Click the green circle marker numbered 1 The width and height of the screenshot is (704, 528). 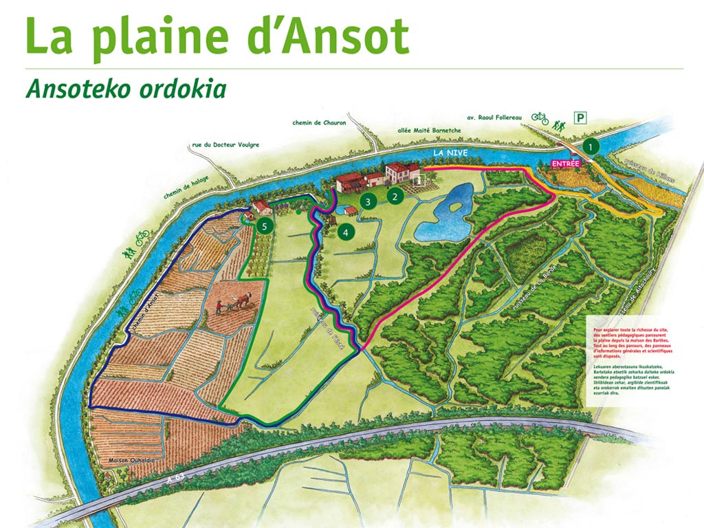click(x=591, y=146)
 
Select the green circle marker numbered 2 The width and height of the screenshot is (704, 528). click(x=395, y=196)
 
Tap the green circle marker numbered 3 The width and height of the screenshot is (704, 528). click(x=368, y=201)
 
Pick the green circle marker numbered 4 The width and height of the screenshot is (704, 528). click(x=345, y=232)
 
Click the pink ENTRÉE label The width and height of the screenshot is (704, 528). click(x=566, y=164)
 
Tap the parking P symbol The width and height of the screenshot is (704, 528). click(x=582, y=118)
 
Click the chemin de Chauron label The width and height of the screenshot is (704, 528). click(x=318, y=122)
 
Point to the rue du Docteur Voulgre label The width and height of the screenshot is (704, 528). click(x=225, y=144)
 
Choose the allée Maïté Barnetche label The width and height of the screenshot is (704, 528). click(x=429, y=130)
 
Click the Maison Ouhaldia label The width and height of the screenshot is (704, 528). click(x=129, y=459)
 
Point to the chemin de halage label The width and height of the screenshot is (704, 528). click(x=186, y=187)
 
